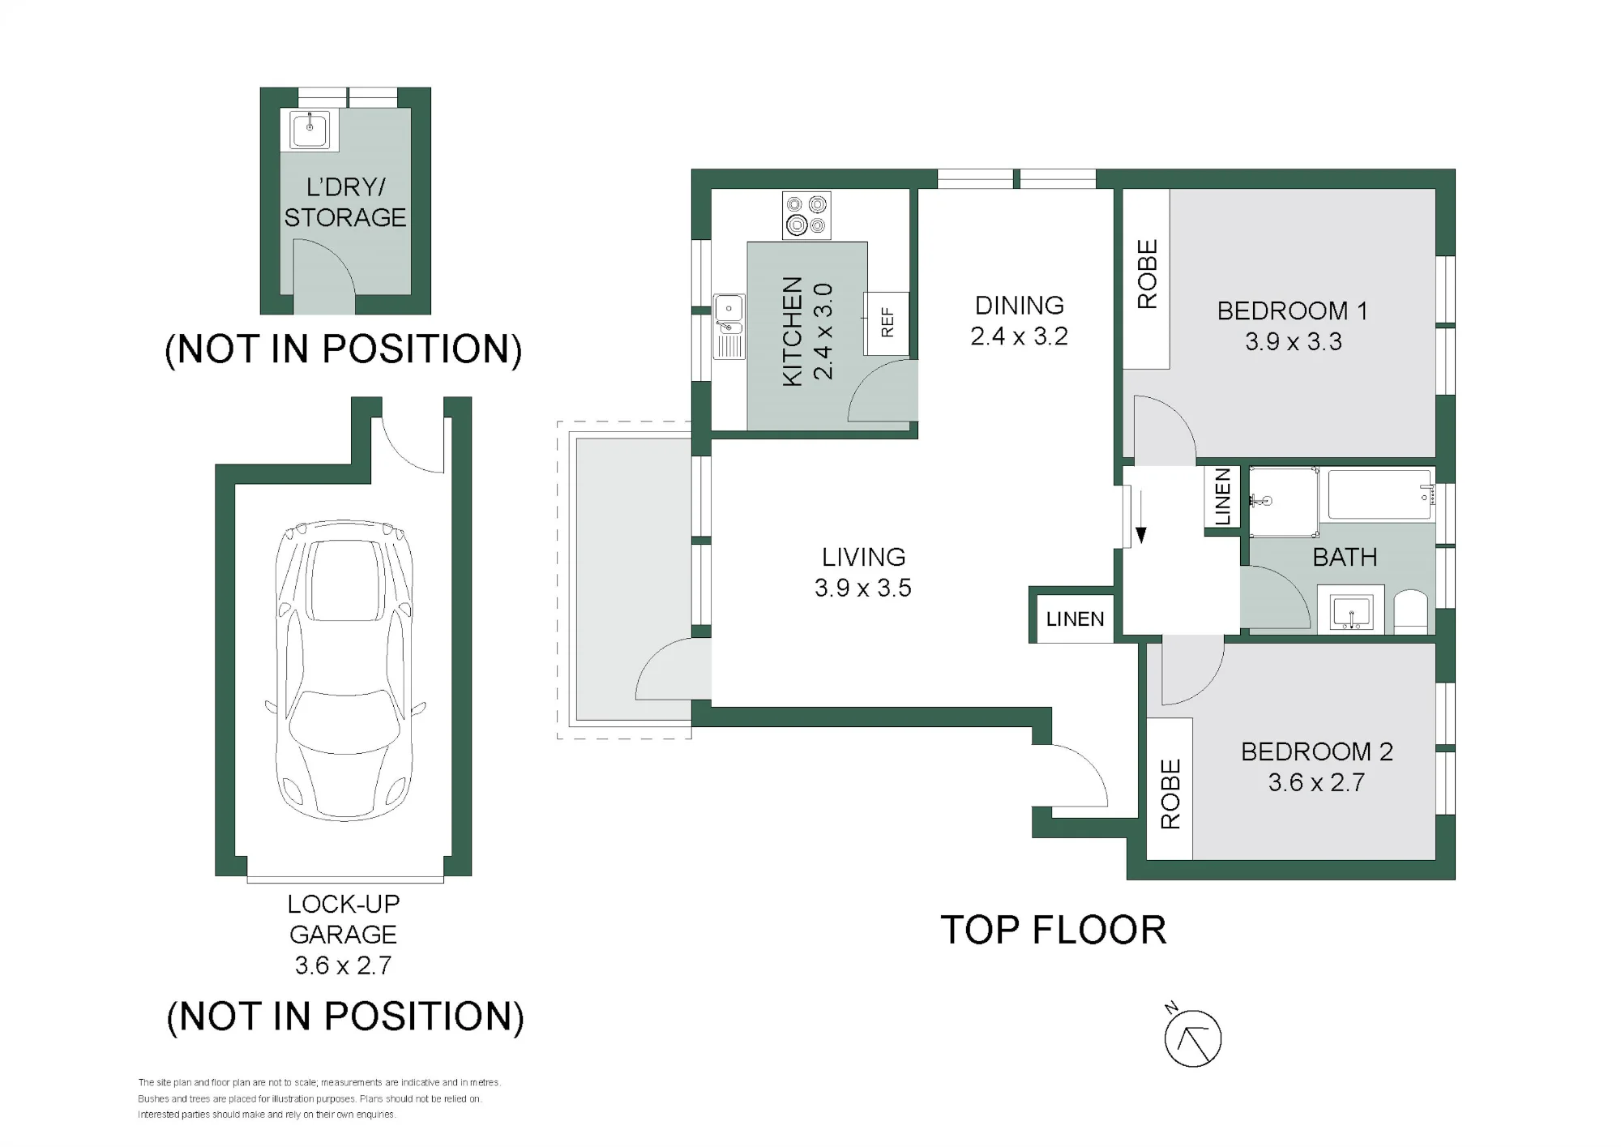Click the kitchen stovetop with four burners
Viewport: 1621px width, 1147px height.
coord(806,216)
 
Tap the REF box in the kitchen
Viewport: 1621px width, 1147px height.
coord(887,323)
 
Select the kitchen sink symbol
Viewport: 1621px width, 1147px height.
coord(729,326)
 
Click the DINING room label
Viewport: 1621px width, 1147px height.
coord(1019,306)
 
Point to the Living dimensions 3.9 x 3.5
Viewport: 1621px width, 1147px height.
coord(863,588)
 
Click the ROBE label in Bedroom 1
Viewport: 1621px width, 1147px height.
coord(1147,274)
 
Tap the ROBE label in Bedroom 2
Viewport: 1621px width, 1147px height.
coord(1170,794)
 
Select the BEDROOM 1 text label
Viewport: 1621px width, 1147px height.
coord(1293,310)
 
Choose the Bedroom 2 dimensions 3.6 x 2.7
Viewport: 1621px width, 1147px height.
coord(1317,782)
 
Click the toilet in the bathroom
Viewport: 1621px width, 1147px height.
coord(1411,612)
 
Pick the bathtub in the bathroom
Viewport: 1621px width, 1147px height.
coord(1378,494)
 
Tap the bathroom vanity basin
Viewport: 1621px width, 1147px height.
coord(1351,612)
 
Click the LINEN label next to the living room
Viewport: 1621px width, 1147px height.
coord(1075,619)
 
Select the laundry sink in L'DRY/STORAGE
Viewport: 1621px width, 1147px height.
coord(309,130)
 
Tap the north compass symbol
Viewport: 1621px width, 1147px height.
coord(1192,1038)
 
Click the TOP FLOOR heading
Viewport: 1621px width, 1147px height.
coord(1053,930)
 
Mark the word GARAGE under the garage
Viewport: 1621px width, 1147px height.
coord(343,935)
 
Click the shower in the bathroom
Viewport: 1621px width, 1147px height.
coord(1283,502)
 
